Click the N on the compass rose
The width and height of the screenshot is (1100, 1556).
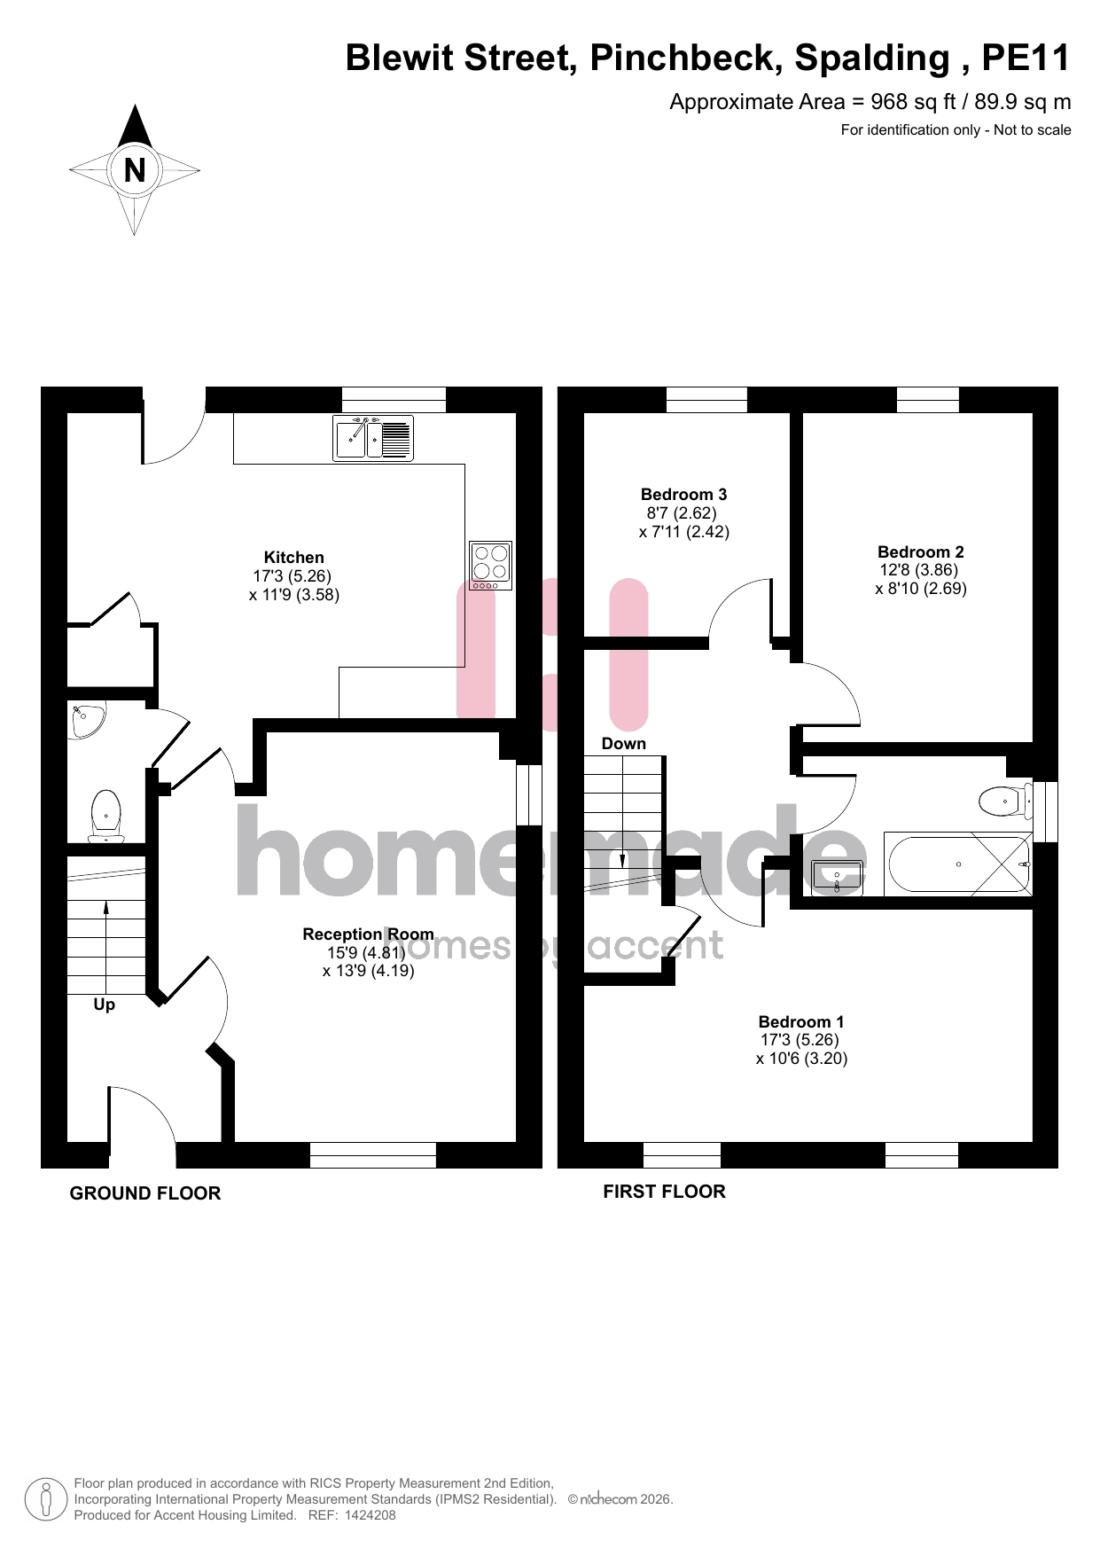click(135, 169)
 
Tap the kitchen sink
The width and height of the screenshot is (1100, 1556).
click(373, 438)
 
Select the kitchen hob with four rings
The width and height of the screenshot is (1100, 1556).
click(490, 566)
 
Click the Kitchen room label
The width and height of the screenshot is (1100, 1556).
click(294, 558)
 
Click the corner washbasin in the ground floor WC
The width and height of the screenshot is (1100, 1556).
click(87, 720)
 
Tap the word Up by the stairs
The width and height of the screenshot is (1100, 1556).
click(105, 1005)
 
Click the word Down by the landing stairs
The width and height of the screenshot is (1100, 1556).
click(624, 744)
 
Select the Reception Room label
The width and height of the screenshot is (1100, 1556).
click(369, 934)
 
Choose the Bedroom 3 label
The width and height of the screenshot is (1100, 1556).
click(684, 495)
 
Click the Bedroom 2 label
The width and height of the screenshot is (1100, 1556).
click(921, 552)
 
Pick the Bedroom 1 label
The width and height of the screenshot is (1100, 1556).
click(801, 1022)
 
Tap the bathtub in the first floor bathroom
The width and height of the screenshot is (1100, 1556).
click(958, 864)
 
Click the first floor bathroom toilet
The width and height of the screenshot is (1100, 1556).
click(1006, 801)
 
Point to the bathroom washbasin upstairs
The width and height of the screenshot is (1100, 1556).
click(838, 876)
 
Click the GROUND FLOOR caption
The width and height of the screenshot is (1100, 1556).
click(145, 1193)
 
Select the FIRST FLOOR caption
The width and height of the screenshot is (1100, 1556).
click(665, 1192)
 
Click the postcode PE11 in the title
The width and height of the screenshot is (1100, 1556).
click(1026, 58)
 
